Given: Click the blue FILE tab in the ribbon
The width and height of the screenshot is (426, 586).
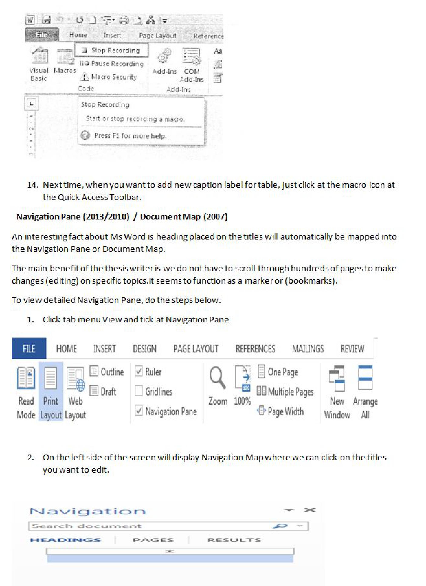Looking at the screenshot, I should click(29, 349).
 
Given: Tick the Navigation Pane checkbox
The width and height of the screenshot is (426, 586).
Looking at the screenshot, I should click(139, 411).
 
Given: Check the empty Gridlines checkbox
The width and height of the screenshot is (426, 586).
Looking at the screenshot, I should click(139, 391).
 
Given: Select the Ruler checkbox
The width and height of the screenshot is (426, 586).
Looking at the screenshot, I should click(139, 372).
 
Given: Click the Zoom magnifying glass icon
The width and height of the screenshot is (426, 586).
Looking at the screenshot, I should click(217, 378).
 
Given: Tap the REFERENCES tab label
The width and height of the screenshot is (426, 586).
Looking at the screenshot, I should click(255, 349).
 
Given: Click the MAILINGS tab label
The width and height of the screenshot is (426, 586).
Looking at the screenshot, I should click(308, 349).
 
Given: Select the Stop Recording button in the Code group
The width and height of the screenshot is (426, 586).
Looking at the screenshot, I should click(112, 50).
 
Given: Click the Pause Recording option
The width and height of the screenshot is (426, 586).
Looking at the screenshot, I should click(112, 64).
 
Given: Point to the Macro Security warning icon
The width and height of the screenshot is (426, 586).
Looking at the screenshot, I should click(85, 77).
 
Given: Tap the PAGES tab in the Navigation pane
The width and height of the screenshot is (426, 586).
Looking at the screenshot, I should click(153, 540).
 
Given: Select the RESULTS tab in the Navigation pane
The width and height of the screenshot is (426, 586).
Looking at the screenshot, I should click(234, 540).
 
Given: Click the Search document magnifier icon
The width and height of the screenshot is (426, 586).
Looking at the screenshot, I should click(280, 526).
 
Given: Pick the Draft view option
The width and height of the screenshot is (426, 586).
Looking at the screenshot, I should click(103, 391).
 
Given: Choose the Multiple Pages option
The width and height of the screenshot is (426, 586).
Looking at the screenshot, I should click(285, 391).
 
